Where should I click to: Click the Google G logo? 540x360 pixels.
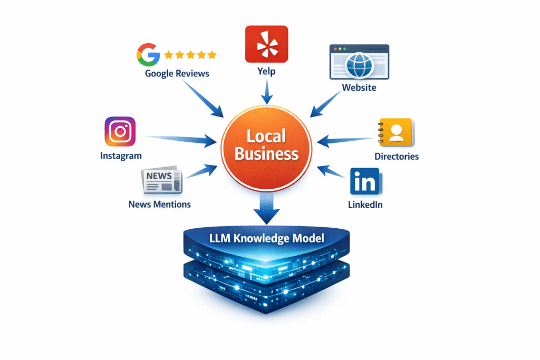tap(148, 54)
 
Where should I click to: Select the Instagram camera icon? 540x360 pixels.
tap(120, 132)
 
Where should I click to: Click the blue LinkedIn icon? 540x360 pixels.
tap(364, 182)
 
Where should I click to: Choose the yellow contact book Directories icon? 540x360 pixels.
tap(396, 132)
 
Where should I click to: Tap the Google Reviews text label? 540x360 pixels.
tap(177, 73)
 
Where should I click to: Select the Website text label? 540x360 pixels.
tap(359, 87)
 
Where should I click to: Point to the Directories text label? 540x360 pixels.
tap(397, 156)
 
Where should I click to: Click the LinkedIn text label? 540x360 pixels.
tap(365, 205)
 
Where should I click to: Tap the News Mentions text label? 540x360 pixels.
tap(159, 203)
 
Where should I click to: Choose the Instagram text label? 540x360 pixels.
tap(121, 155)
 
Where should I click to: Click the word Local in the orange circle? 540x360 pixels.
tap(266, 136)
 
